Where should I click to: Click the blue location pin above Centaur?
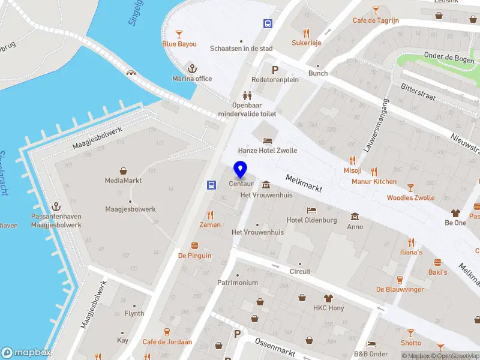click(x=240, y=169)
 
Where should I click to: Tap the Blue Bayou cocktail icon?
click(x=178, y=34)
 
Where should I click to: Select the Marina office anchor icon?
click(x=192, y=68)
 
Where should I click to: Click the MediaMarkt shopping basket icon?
click(x=123, y=170)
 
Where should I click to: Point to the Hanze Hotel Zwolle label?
click(x=267, y=151)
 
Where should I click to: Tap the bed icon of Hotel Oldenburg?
click(x=311, y=210)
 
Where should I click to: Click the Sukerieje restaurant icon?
click(x=307, y=33)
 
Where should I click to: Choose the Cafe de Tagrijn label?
click(x=376, y=21)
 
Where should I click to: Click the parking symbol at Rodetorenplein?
click(x=275, y=70)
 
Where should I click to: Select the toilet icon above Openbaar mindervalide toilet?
click(x=247, y=95)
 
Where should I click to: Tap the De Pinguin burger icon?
click(x=194, y=245)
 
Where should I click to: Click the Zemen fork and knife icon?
click(x=210, y=215)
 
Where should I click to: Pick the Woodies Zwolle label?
click(x=410, y=197)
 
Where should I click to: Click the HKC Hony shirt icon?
click(x=328, y=298)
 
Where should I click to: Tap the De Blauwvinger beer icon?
click(x=400, y=279)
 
